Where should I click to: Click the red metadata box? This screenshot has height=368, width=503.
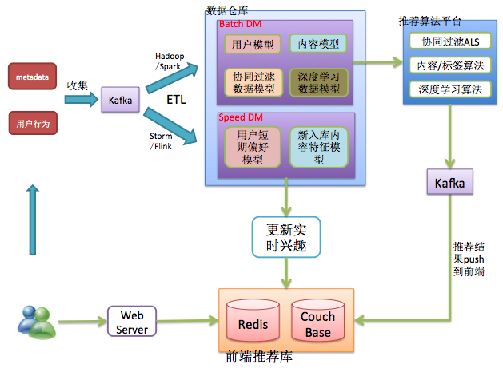point(32,76)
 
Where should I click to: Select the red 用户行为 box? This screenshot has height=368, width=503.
point(33,123)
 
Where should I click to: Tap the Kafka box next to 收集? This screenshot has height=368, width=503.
point(120,99)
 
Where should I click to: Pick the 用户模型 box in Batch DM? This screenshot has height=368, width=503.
point(253,44)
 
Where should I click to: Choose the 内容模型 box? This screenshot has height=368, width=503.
point(318,44)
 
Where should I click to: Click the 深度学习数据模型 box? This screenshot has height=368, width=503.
point(319,82)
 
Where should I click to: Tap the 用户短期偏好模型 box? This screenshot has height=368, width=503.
point(253,147)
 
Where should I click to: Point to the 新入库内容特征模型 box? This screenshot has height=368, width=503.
point(319,147)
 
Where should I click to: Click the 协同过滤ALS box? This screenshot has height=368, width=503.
point(450,41)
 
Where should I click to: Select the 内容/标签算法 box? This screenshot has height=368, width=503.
point(450,65)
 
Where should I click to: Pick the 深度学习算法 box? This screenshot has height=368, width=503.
point(450,89)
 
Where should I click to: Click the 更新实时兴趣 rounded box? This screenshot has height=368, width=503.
point(286,237)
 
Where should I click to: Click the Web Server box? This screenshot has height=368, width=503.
point(132,321)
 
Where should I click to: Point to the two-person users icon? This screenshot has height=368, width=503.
point(36,321)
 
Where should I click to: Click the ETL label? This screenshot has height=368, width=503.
point(176,99)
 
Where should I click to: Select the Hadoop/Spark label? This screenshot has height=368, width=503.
point(169,61)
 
